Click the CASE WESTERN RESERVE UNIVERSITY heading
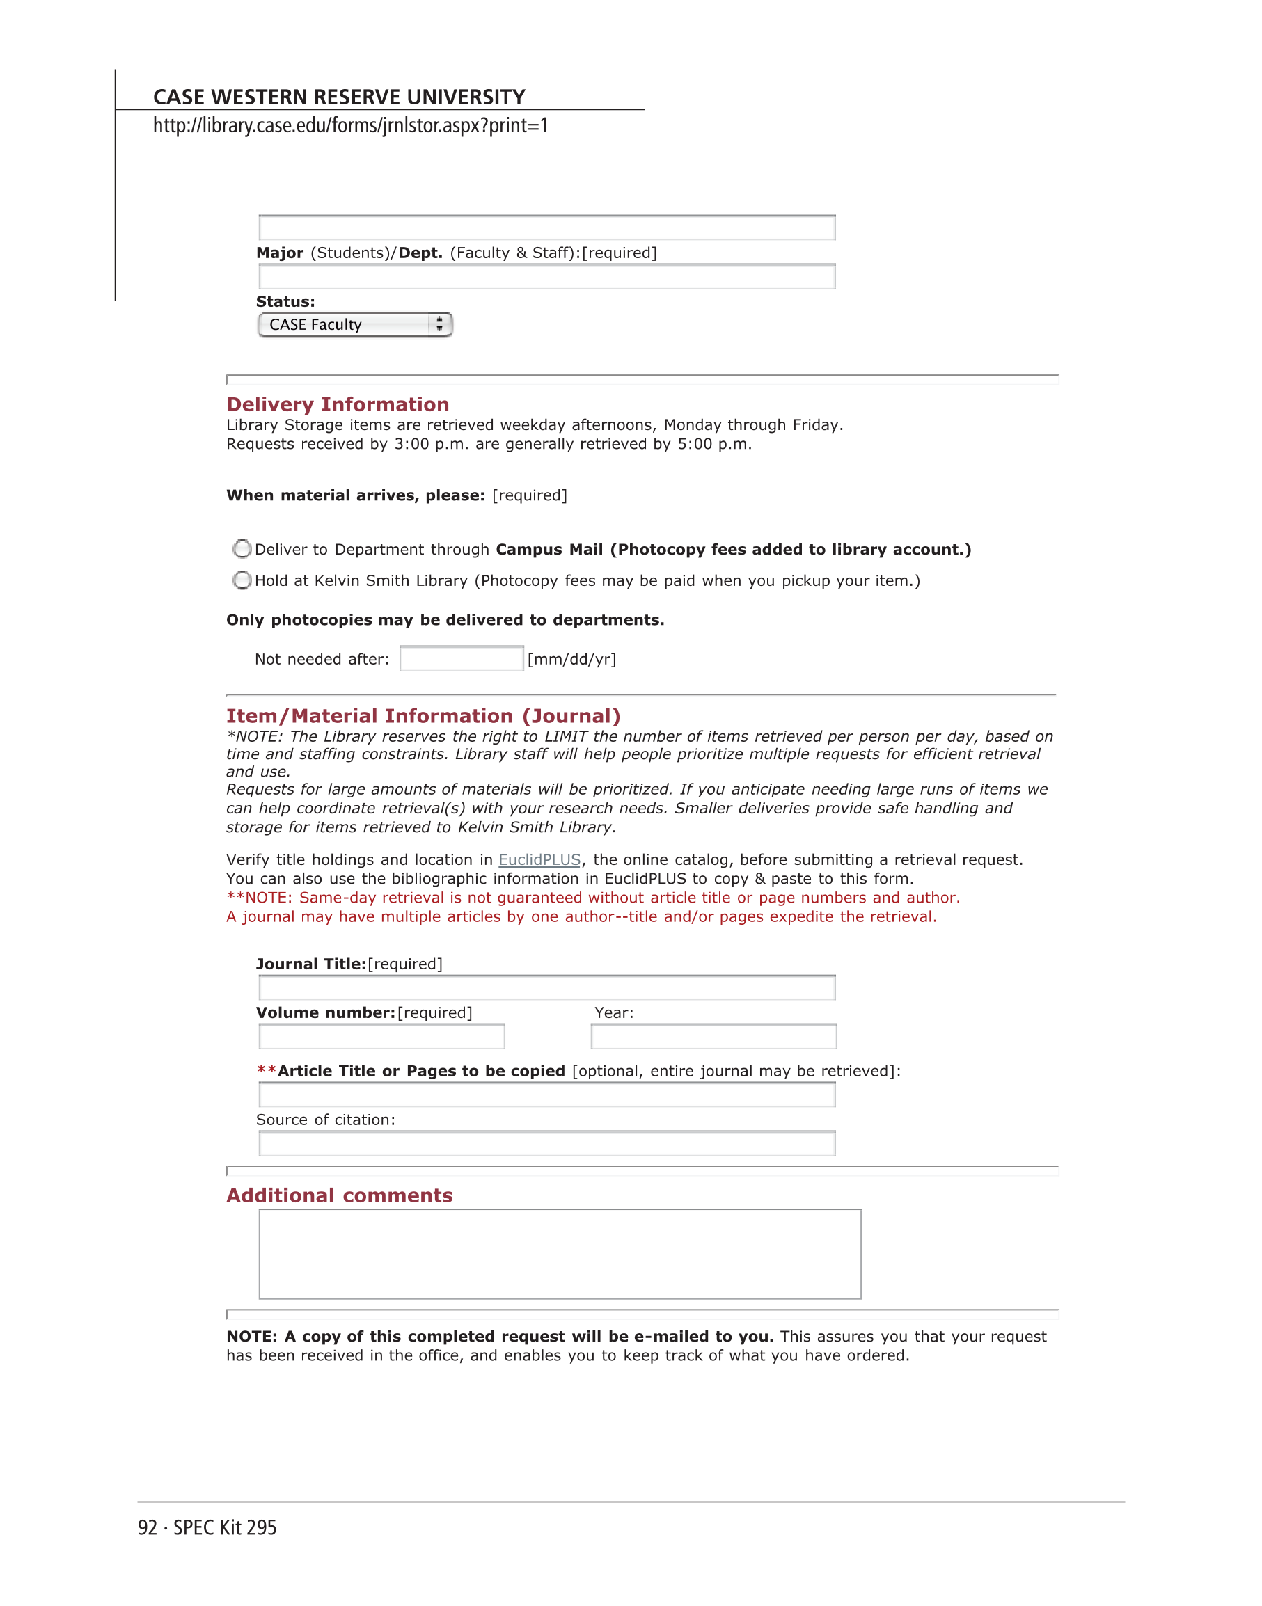[339, 97]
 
